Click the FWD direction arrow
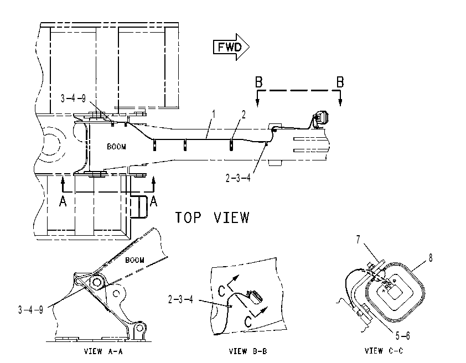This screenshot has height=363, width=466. (231, 47)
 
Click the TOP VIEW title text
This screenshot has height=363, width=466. (212, 217)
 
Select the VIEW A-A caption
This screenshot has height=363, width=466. (103, 352)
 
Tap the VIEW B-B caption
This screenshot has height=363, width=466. (248, 351)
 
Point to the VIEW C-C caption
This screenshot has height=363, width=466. (384, 351)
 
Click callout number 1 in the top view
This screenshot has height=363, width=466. (213, 115)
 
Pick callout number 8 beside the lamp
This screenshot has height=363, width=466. (431, 257)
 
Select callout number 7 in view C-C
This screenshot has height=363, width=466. (359, 240)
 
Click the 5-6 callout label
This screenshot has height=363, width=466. (403, 336)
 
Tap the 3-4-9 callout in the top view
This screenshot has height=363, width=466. (73, 98)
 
